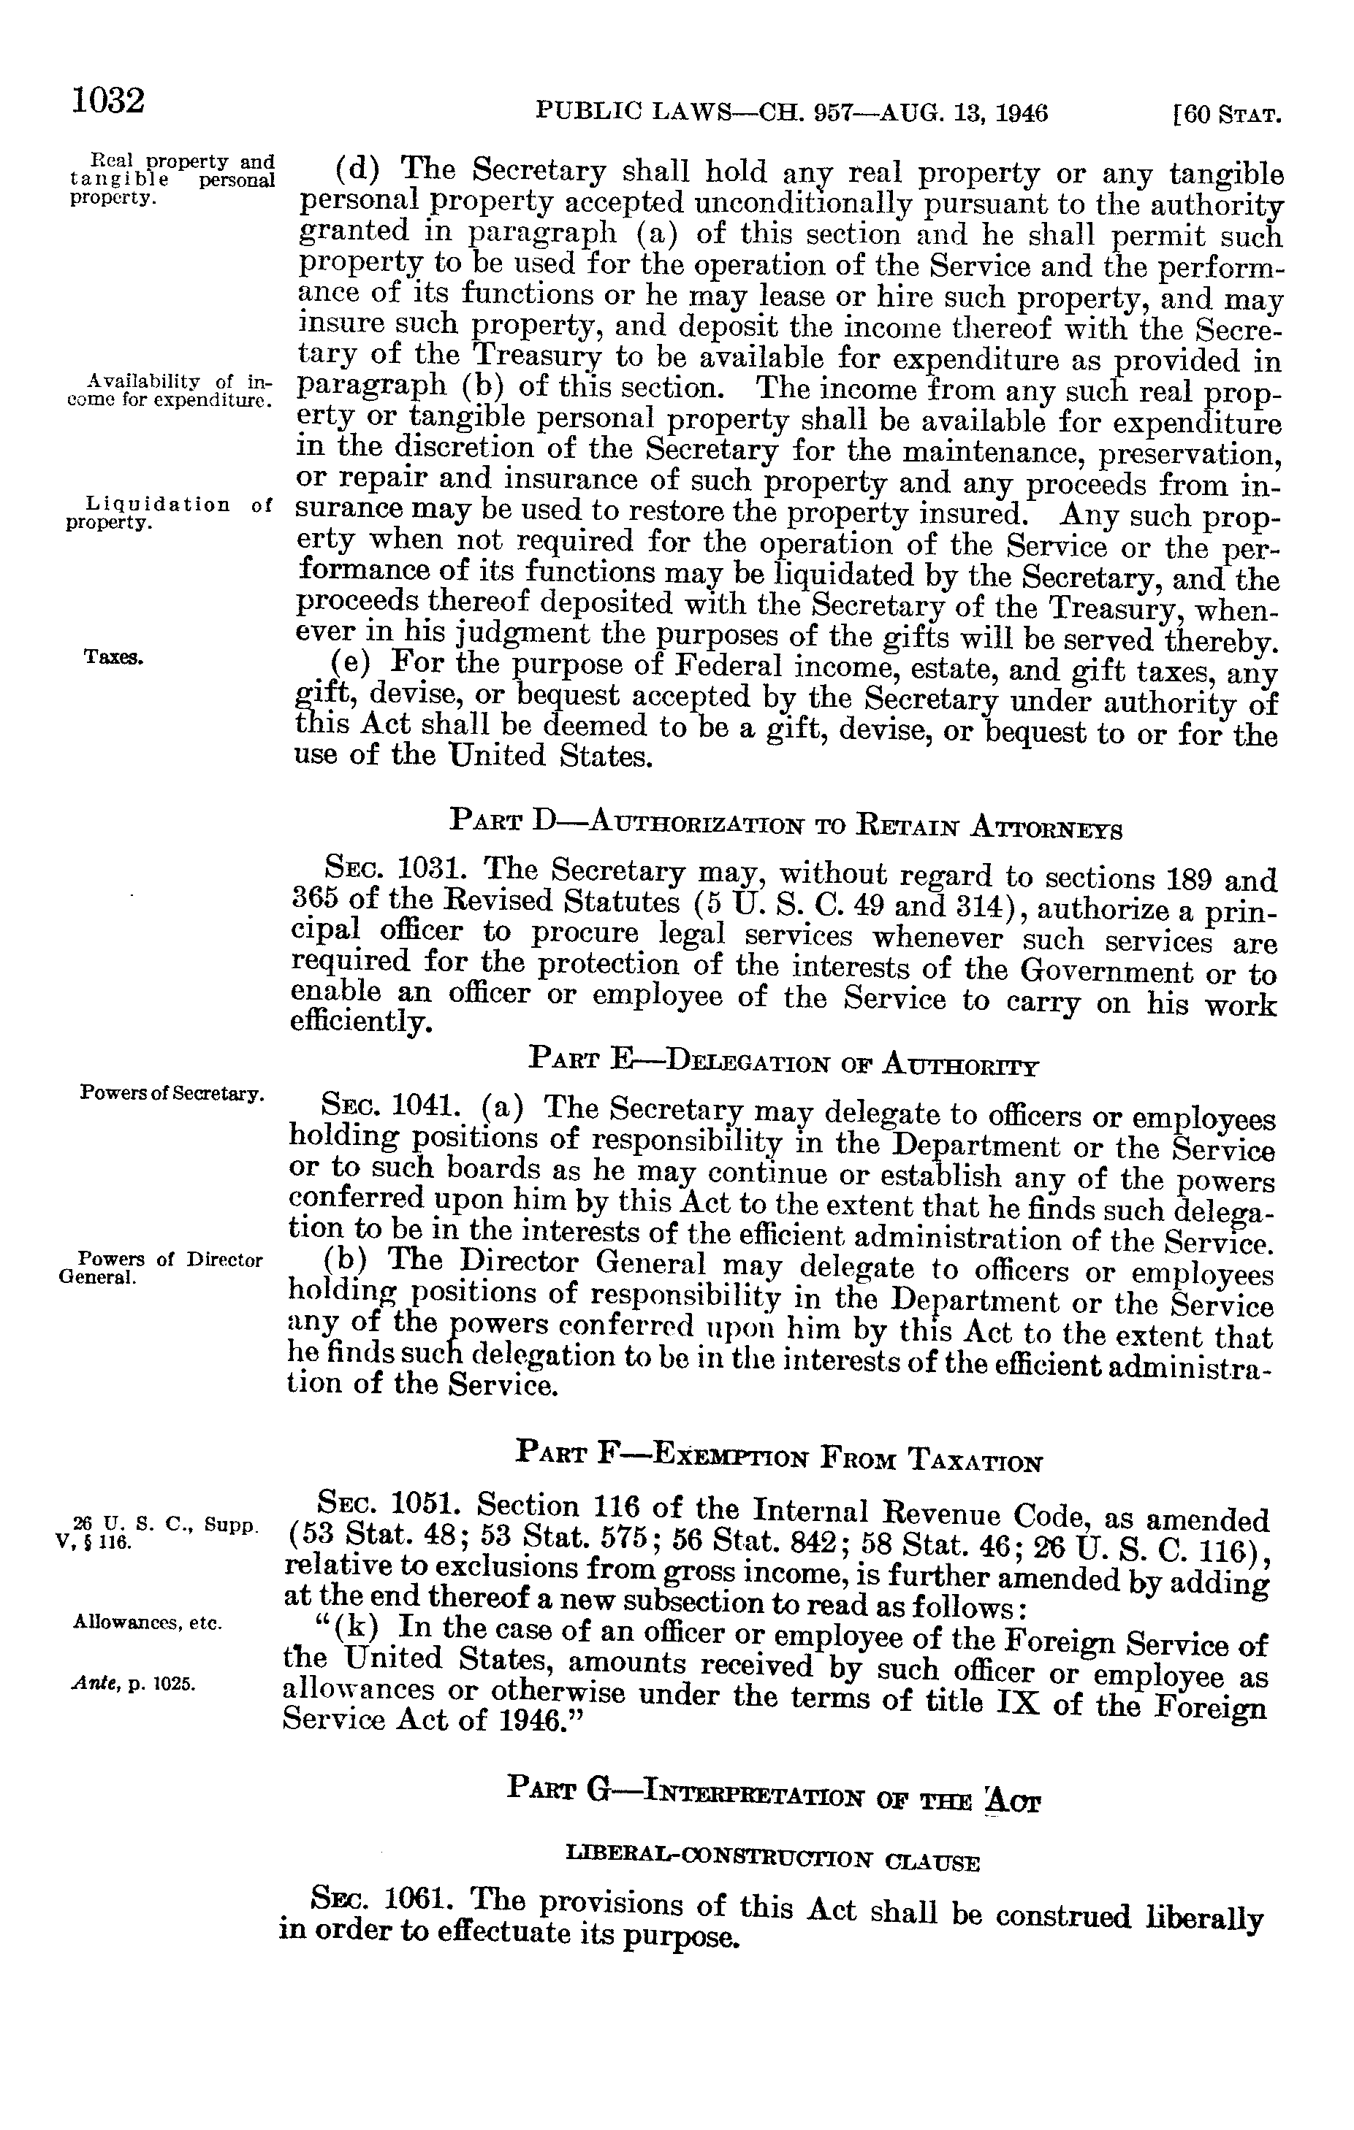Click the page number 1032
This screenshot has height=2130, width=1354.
point(108,101)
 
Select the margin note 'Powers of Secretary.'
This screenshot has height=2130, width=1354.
point(172,1092)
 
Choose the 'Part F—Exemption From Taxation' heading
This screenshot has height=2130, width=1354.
point(779,1457)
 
